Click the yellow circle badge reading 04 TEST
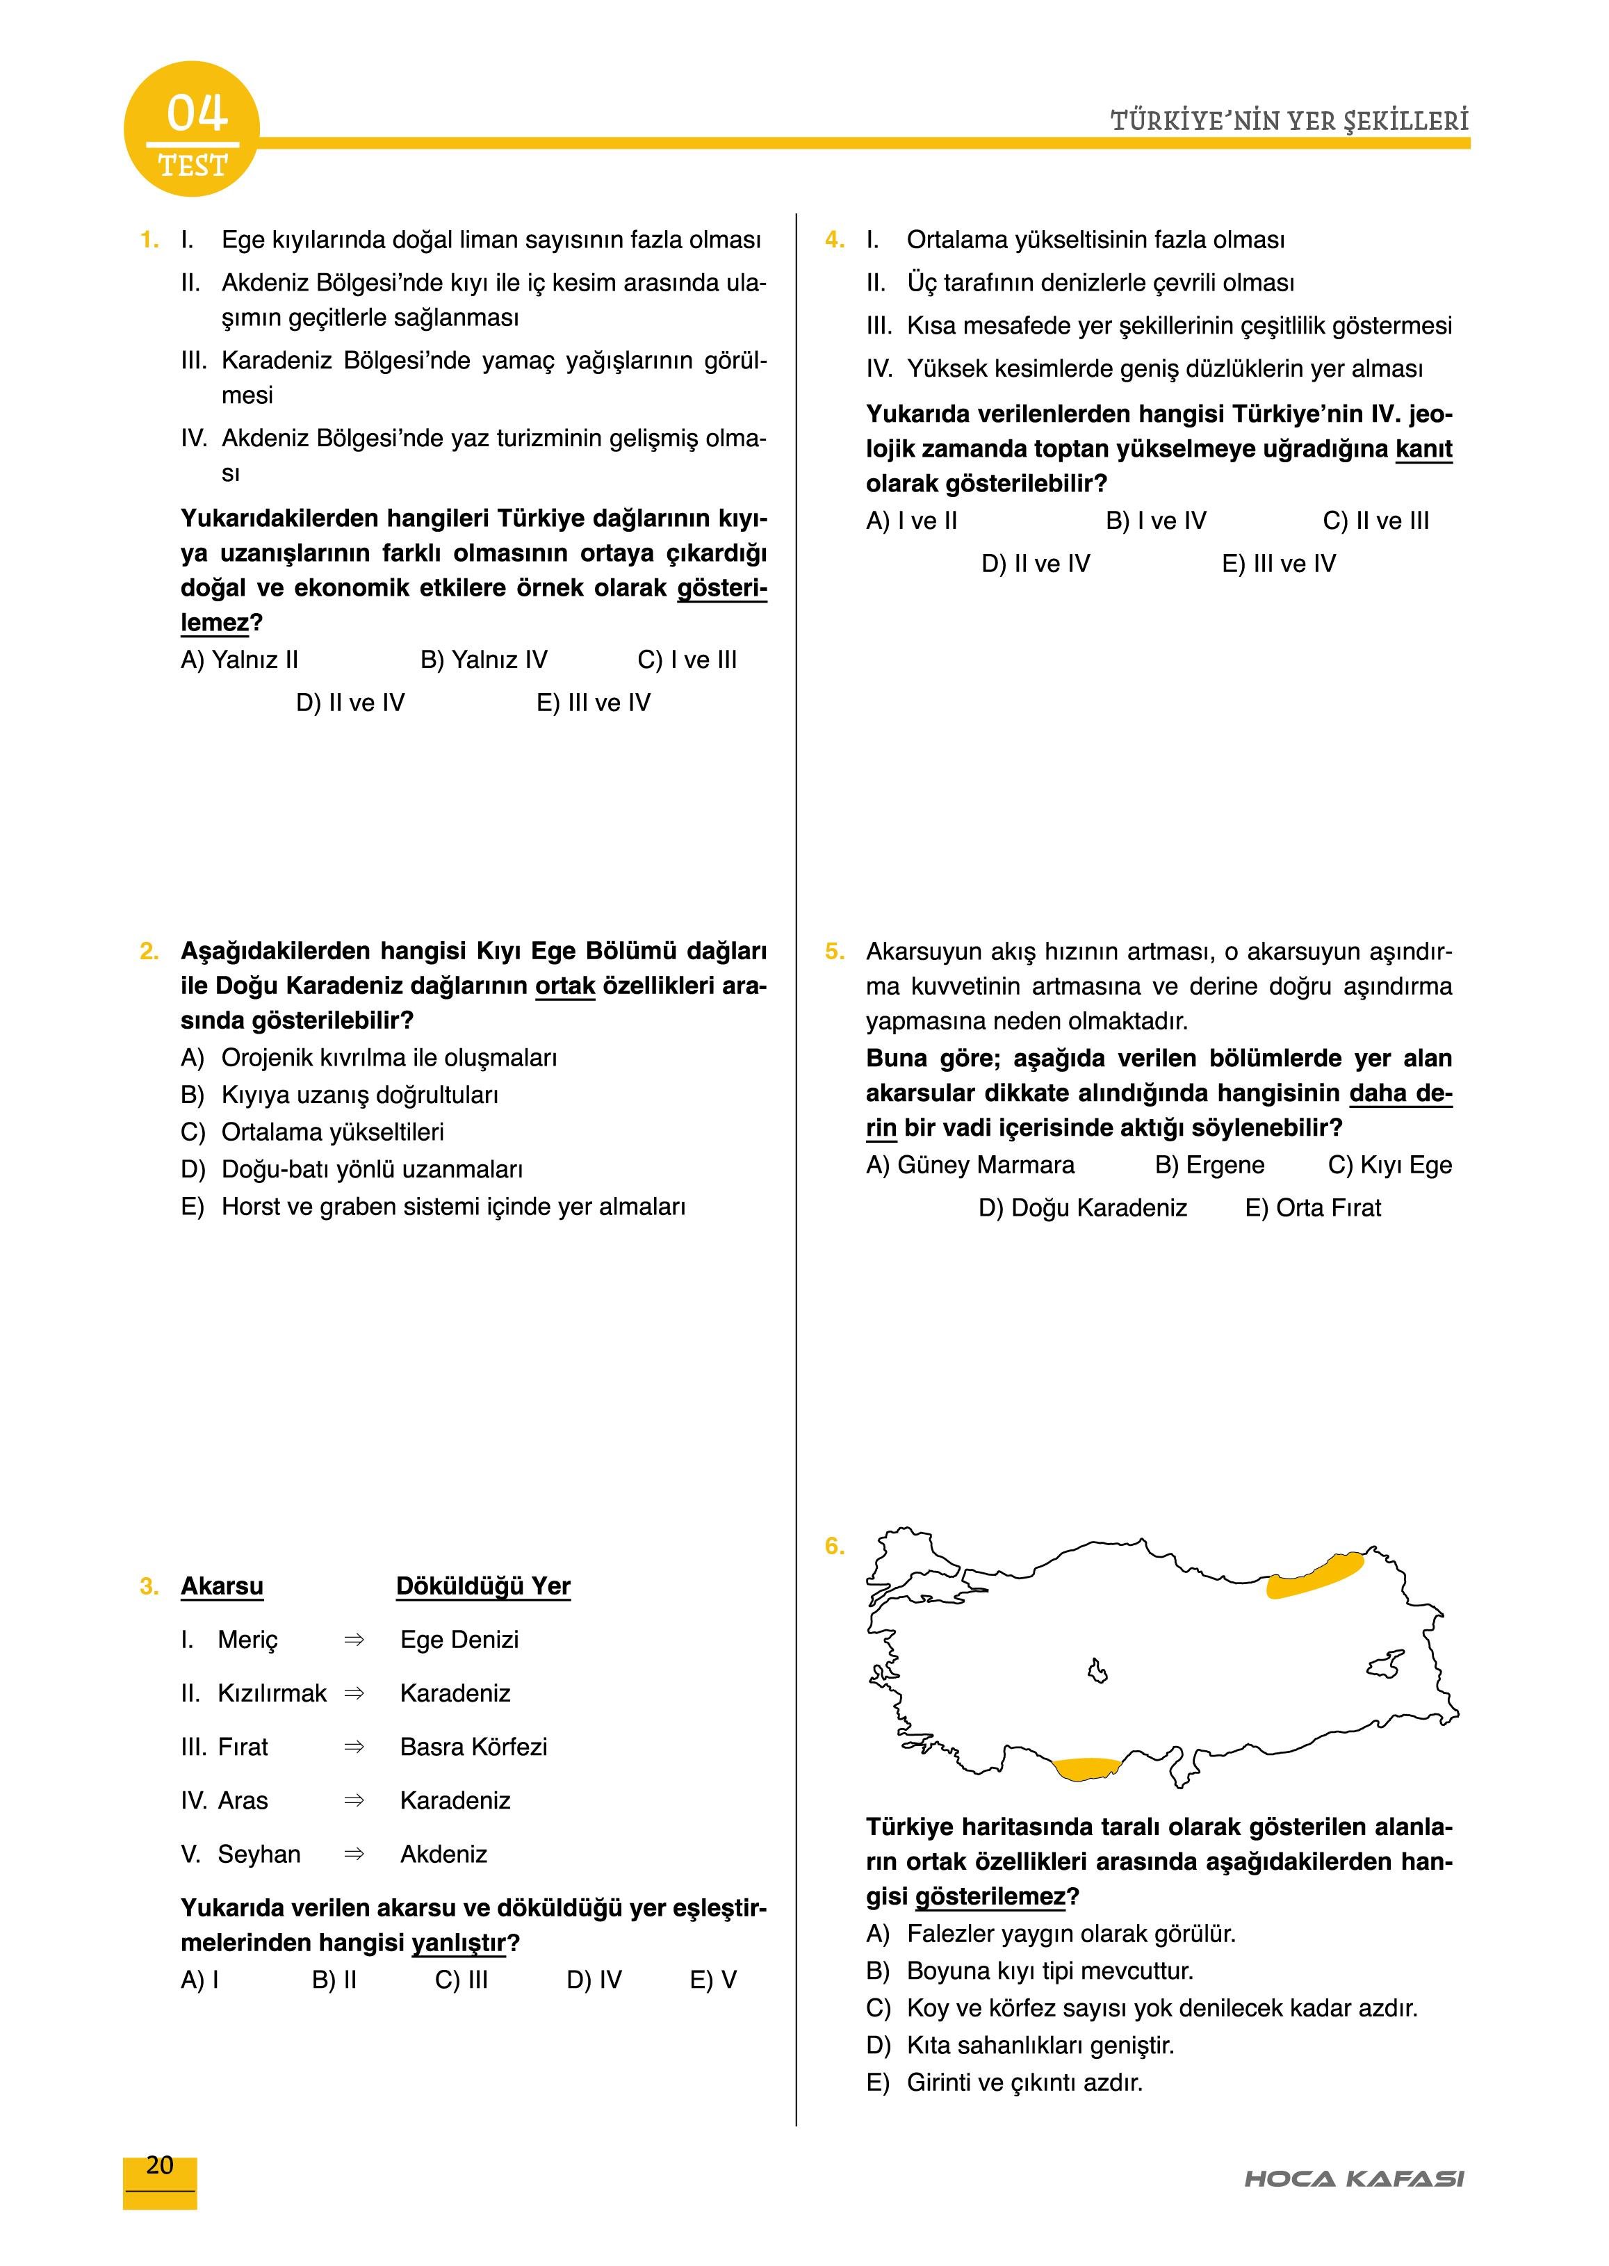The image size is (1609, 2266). pyautogui.click(x=191, y=130)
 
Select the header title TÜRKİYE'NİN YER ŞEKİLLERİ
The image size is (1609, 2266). pyautogui.click(x=1289, y=122)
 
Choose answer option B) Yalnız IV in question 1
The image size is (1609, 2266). pyautogui.click(x=484, y=660)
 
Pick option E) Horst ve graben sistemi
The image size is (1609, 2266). pyautogui.click(x=433, y=1207)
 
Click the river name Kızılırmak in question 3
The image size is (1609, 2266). pyautogui.click(x=272, y=1693)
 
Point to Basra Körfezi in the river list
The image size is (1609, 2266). pyautogui.click(x=473, y=1747)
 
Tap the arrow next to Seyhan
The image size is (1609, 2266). pyautogui.click(x=354, y=1854)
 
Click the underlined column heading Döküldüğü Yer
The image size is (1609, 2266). pyautogui.click(x=484, y=1586)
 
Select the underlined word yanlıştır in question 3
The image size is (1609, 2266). pyautogui.click(x=458, y=1943)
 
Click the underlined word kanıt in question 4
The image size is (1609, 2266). pyautogui.click(x=1423, y=449)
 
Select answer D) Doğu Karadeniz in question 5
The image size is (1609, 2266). pyautogui.click(x=1082, y=1208)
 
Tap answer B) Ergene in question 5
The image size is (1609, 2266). pyautogui.click(x=1210, y=1165)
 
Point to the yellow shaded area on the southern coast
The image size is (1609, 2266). pyautogui.click(x=1085, y=1768)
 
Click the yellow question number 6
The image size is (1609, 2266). pyautogui.click(x=834, y=1546)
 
